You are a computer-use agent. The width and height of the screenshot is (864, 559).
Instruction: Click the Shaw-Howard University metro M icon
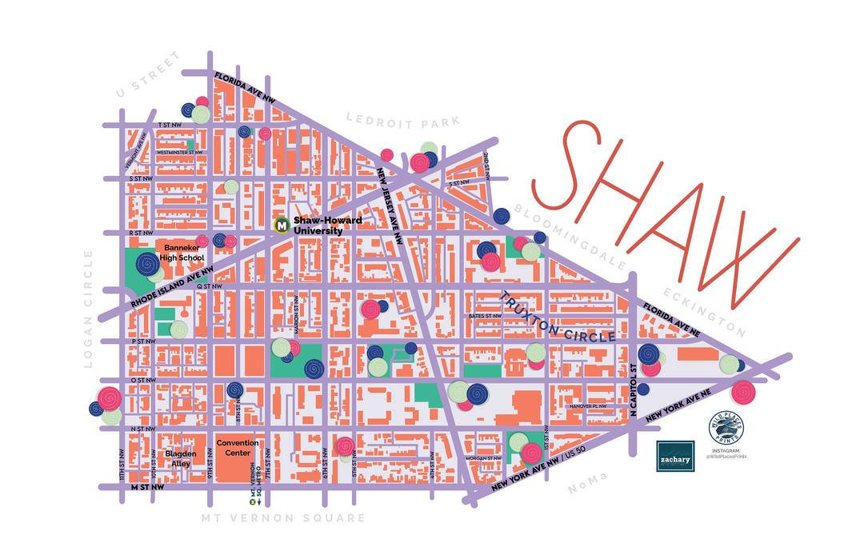point(282,226)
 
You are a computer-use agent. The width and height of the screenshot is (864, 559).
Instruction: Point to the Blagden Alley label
point(180,458)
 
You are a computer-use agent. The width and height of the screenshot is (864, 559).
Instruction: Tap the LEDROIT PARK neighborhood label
point(402,121)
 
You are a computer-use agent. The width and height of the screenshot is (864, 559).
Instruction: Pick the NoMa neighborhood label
point(588,484)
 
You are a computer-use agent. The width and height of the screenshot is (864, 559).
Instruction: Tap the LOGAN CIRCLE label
point(88,308)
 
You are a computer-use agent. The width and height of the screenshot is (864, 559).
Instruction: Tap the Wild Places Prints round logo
point(723,432)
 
